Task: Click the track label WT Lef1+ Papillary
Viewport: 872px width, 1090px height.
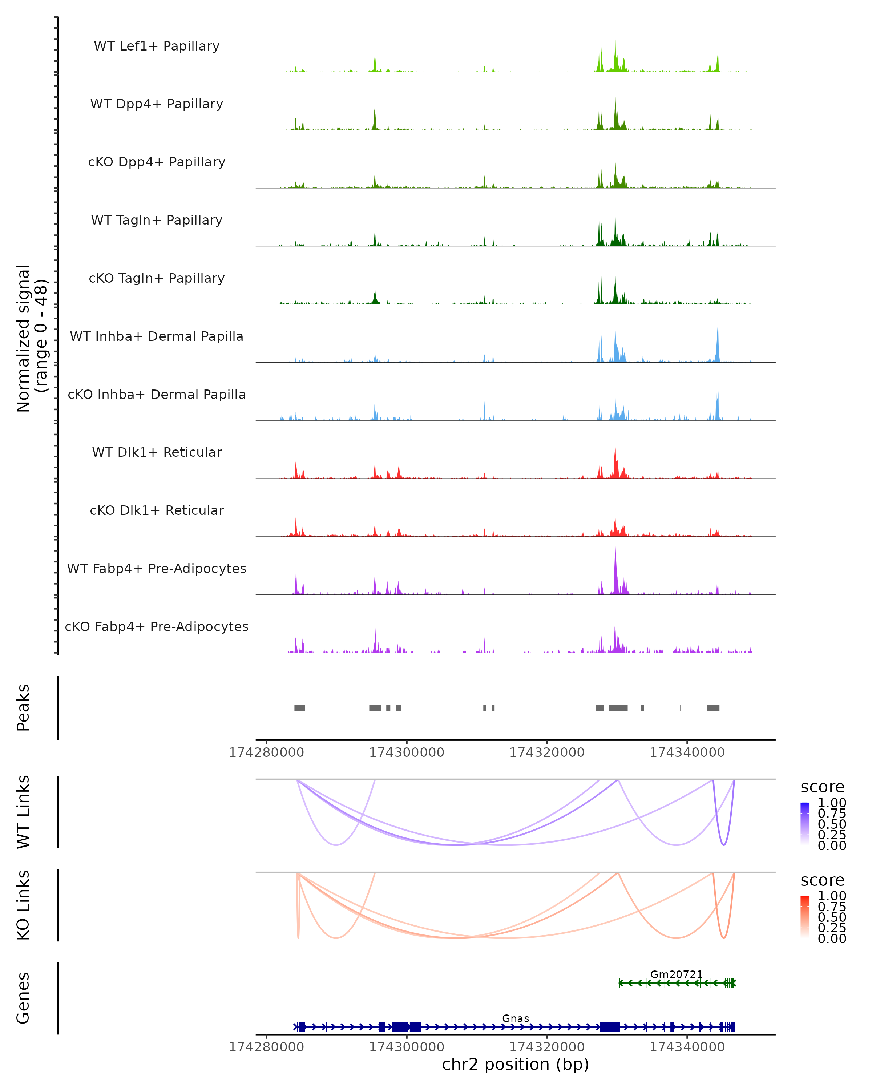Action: point(157,46)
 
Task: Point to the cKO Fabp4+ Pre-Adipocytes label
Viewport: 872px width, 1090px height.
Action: point(157,626)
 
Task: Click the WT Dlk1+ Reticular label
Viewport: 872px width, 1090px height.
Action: point(157,452)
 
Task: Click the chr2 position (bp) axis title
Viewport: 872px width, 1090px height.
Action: point(515,1064)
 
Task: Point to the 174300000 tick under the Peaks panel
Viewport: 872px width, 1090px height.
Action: point(407,752)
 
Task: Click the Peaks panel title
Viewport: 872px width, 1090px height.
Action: point(23,708)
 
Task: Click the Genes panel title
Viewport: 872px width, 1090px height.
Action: point(23,998)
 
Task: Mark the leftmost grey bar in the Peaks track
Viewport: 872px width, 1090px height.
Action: point(300,708)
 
